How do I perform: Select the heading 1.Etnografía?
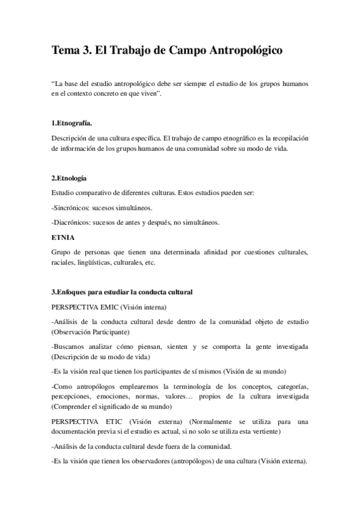pyautogui.click(x=72, y=123)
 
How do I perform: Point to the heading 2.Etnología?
pyautogui.click(x=70, y=178)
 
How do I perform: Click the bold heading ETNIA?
pyautogui.click(x=63, y=238)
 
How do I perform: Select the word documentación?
pyautogui.click(x=76, y=432)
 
